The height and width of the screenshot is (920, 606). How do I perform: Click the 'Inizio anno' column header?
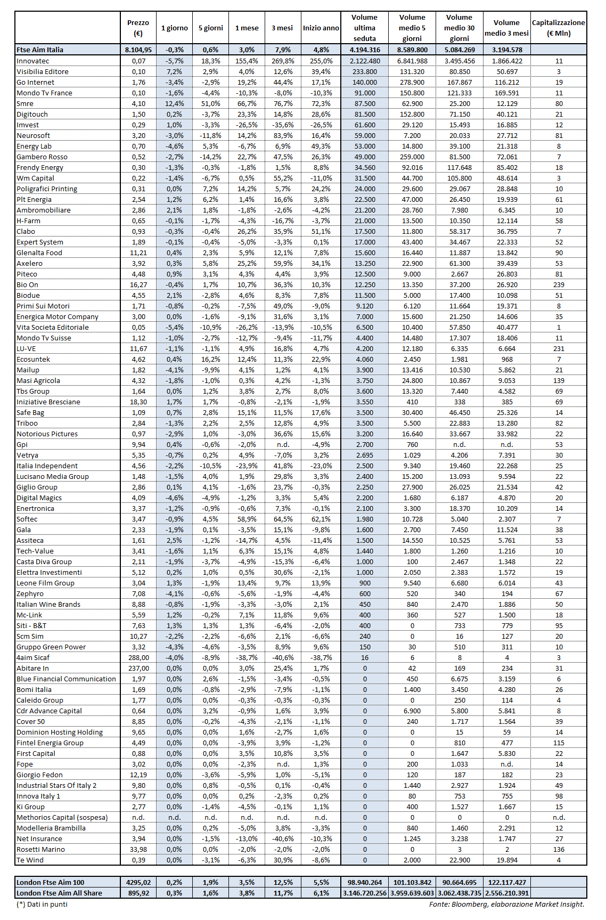pos(321,28)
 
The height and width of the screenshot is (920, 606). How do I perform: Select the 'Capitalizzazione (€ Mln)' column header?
pos(558,28)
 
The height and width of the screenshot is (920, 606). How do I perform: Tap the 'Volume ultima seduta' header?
pos(364,28)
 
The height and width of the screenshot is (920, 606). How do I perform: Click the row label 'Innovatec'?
pos(33,61)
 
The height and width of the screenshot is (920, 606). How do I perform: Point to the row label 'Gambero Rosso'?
pos(42,157)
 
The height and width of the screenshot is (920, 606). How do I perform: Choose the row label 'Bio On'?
pos(28,284)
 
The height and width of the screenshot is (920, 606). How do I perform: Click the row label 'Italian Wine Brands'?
pos(48,604)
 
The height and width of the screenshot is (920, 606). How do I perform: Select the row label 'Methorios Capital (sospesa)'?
pos(62,817)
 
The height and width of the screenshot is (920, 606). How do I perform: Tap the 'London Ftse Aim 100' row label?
pos(51,882)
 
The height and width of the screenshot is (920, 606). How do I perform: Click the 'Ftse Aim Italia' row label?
pos(40,50)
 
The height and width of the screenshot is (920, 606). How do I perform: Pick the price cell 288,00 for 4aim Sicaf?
pos(138,657)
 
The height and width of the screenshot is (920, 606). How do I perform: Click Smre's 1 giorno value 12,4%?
pos(175,103)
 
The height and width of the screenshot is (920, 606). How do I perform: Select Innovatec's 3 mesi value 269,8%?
pos(282,61)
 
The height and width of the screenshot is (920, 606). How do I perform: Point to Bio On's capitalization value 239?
pos(559,284)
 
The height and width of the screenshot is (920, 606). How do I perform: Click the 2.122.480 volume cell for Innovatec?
pos(365,61)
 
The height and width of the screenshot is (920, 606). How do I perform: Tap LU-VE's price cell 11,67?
pos(138,348)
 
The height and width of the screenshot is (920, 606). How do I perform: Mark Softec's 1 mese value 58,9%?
pos(247,519)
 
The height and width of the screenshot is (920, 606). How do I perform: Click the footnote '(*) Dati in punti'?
pos(42,904)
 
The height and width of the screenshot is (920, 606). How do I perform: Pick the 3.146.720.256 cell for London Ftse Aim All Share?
pos(365,893)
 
